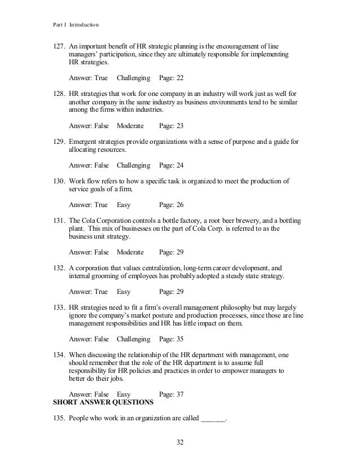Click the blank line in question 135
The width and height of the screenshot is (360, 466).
coord(213,419)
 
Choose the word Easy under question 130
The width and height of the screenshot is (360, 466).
coord(124,204)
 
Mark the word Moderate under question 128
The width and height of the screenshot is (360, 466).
coord(130,125)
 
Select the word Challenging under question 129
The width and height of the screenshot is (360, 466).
coord(134,165)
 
